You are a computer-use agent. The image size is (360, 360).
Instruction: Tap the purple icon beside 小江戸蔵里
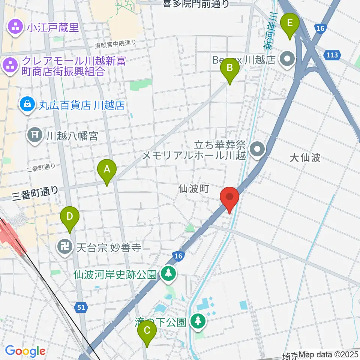point(15,27)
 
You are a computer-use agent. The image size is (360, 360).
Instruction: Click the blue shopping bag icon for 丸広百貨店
point(28,105)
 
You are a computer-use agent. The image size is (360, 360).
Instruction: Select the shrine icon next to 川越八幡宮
point(35,135)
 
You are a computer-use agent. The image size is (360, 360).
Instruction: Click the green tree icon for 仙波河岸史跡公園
point(168,273)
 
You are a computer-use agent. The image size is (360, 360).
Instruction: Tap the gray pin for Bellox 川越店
point(288,59)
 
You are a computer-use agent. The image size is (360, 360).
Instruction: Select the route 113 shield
point(334,55)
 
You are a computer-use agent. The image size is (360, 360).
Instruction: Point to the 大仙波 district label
point(305,157)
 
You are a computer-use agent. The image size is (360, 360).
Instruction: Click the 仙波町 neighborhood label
point(193,189)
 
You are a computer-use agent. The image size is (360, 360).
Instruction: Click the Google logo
point(25,351)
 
